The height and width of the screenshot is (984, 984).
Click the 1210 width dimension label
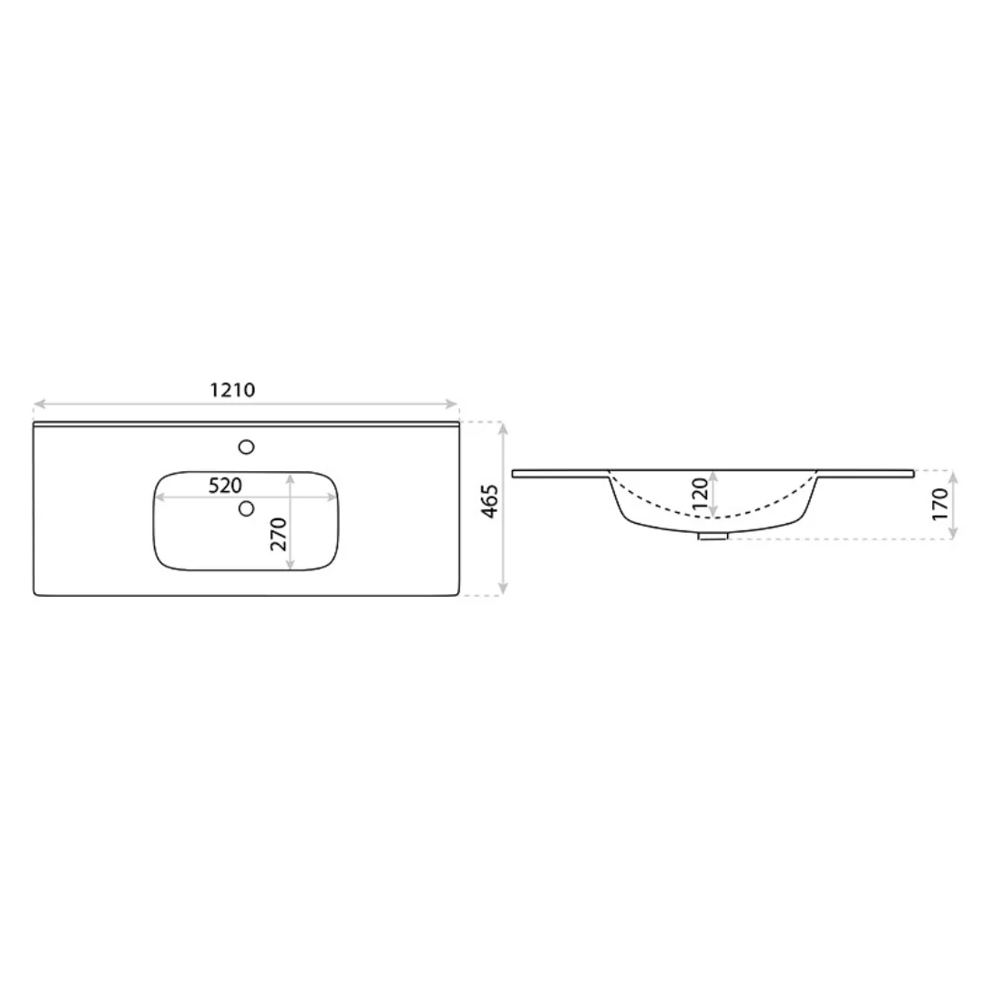click(x=232, y=390)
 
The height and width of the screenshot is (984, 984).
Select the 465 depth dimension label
click(x=490, y=502)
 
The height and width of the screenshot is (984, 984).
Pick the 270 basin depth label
click(x=279, y=534)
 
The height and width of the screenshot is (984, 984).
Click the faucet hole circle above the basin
click(x=246, y=446)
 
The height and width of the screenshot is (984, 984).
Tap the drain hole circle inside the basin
click(x=246, y=508)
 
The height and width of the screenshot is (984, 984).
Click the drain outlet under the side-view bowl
click(x=712, y=536)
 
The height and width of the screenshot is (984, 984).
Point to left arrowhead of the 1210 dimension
click(x=38, y=405)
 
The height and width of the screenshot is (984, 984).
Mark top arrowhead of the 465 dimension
click(x=504, y=426)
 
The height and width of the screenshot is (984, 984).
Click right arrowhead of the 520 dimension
click(x=332, y=497)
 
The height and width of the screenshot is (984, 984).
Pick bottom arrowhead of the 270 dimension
click(x=291, y=566)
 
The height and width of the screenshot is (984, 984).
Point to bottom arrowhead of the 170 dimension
click(x=954, y=534)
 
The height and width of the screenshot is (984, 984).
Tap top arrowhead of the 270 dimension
click(x=291, y=477)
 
